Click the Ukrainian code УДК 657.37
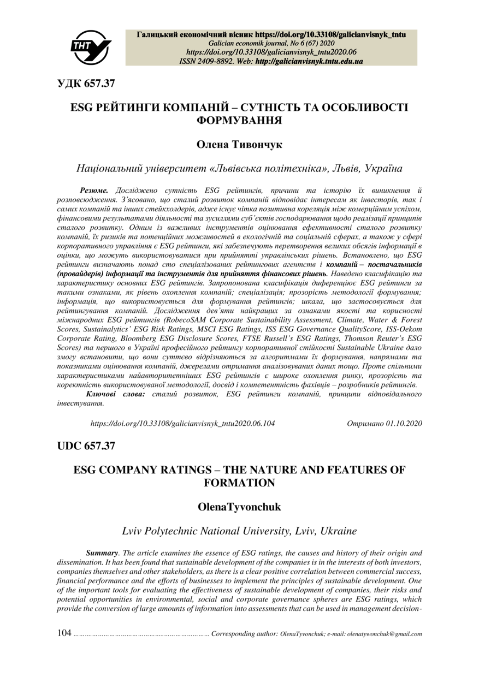pyautogui.click(x=87, y=84)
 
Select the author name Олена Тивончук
pyautogui.click(x=239, y=145)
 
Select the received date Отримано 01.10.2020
pyautogui.click(x=384, y=423)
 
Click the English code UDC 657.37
pyautogui.click(x=87, y=446)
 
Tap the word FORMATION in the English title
pyautogui.click(x=239, y=482)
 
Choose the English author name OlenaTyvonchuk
pyautogui.click(x=239, y=507)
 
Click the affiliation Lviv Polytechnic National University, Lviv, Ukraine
pyautogui.click(x=239, y=530)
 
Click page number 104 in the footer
pyautogui.click(x=64, y=634)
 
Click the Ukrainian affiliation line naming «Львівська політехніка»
pyautogui.click(x=239, y=169)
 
